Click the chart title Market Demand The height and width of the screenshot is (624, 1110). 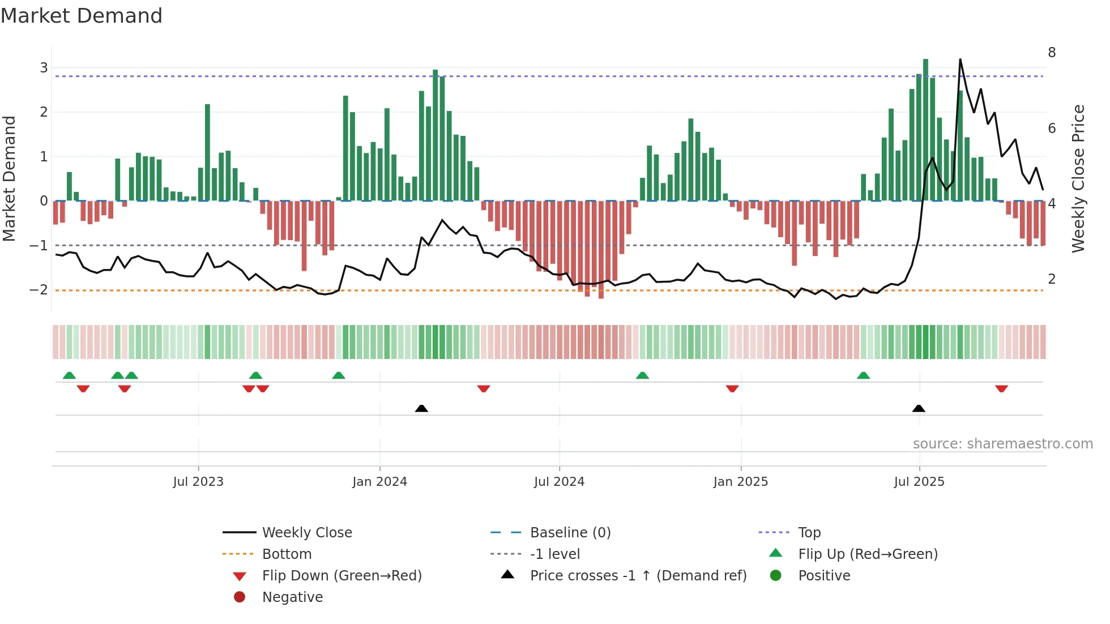(x=82, y=16)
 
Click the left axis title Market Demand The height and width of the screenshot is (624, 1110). (x=10, y=178)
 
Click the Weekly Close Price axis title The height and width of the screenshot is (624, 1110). (x=1078, y=178)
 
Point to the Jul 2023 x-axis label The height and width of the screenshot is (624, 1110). (x=198, y=482)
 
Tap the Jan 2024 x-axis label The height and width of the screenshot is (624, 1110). (x=379, y=482)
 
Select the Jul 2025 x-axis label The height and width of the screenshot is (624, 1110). (x=919, y=482)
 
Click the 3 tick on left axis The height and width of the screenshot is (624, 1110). (x=44, y=68)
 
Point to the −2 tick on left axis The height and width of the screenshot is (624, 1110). (x=39, y=290)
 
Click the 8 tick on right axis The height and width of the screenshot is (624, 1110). (x=1052, y=53)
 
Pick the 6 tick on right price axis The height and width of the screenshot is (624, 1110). (x=1052, y=129)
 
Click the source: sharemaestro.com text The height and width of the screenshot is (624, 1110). (x=1002, y=444)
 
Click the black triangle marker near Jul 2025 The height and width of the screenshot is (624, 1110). (x=919, y=409)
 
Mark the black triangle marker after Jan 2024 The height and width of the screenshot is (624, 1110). (x=421, y=409)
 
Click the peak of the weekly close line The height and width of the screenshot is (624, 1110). (x=960, y=59)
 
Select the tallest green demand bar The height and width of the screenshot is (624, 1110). (x=925, y=130)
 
